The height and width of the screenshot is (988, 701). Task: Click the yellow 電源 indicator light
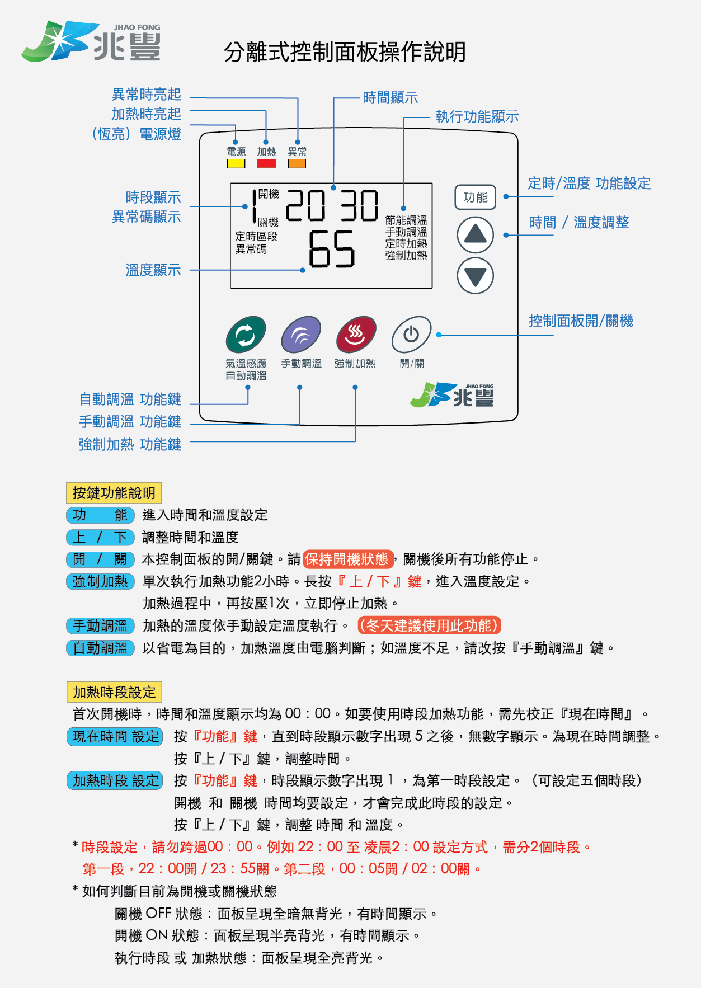pyautogui.click(x=236, y=164)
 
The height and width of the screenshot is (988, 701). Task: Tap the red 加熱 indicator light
pyautogui.click(x=266, y=164)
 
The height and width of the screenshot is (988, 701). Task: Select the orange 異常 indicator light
pyautogui.click(x=297, y=164)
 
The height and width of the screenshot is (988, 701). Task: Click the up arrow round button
pyautogui.click(x=475, y=234)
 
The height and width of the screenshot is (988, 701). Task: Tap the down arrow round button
pyautogui.click(x=475, y=276)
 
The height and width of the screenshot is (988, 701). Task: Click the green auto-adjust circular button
pyautogui.click(x=246, y=335)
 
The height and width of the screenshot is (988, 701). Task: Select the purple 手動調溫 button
pyautogui.click(x=301, y=335)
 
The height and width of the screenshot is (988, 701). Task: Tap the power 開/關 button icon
pyautogui.click(x=411, y=335)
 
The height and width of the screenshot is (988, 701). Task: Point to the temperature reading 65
pyautogui.click(x=332, y=249)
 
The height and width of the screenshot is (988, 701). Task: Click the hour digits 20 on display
pyautogui.click(x=305, y=205)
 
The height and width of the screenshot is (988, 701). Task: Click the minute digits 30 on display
pyautogui.click(x=359, y=205)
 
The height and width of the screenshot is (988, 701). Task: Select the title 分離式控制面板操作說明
pyautogui.click(x=345, y=52)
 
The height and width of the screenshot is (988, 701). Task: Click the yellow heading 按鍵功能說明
pyautogui.click(x=114, y=493)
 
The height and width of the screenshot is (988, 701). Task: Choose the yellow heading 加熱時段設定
pyautogui.click(x=114, y=692)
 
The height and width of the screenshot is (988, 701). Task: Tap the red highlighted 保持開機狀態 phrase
pyautogui.click(x=348, y=559)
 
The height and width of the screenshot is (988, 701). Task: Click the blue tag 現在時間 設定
pyautogui.click(x=115, y=736)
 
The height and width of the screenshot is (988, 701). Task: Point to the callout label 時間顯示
pyautogui.click(x=390, y=98)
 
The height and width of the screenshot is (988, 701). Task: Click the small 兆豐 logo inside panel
pyautogui.click(x=453, y=396)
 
